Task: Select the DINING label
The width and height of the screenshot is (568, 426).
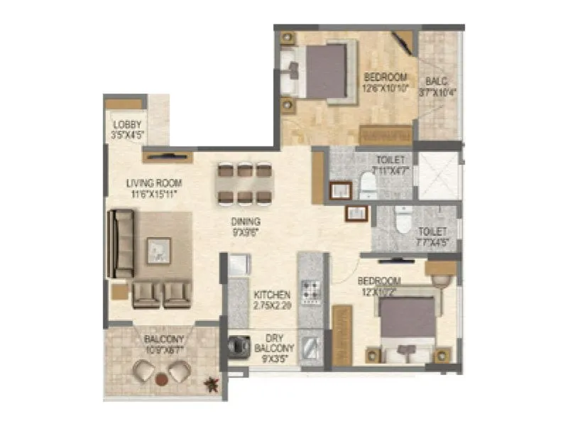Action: (245, 221)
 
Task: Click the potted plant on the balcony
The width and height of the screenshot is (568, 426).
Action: (211, 384)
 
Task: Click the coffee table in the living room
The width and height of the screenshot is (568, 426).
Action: (158, 249)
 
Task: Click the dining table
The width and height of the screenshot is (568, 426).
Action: (244, 183)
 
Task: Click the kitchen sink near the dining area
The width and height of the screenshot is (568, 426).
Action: (239, 264)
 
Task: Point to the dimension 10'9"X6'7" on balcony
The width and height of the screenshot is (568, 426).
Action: (165, 349)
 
